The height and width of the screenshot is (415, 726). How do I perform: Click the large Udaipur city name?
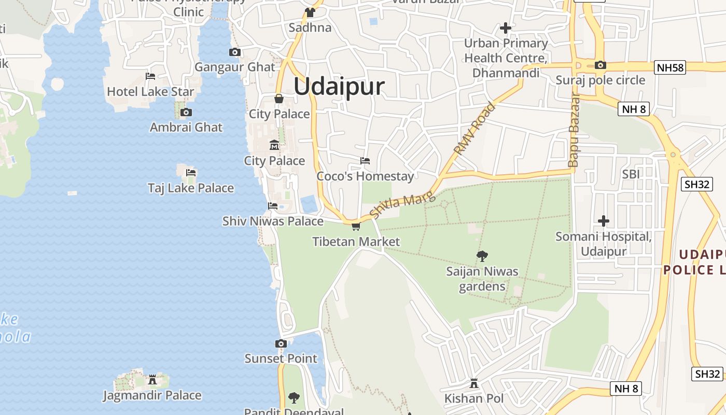pos(339,86)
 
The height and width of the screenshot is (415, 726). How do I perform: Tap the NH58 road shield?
pos(670,67)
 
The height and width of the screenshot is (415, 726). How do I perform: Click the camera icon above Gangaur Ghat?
pos(235,52)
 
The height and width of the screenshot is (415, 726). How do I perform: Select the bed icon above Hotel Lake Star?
pos(150,76)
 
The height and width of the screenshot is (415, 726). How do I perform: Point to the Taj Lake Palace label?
pos(191,188)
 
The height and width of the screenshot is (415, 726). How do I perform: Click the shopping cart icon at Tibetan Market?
pos(356,227)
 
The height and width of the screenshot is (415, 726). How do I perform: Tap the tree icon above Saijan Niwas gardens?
pos(482,256)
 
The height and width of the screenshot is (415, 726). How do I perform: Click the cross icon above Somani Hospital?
pos(603,221)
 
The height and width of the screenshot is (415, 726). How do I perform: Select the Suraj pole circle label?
pos(601,80)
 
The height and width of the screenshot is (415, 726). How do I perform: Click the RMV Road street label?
pos(474,129)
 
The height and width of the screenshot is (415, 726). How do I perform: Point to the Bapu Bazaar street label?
pos(574,130)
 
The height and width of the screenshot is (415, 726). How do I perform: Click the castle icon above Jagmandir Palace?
pos(152,380)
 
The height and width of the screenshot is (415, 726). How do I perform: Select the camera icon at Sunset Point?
pos(281,343)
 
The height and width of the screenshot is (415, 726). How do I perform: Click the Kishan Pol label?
pos(474,398)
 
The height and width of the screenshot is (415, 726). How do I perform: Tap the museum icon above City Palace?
pos(274,145)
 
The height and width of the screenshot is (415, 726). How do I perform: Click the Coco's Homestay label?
pos(366,176)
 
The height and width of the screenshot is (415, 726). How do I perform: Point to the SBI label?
pos(631,174)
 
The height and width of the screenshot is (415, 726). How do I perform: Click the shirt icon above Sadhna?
pos(310,12)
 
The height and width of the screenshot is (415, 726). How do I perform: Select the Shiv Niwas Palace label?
pos(273,221)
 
